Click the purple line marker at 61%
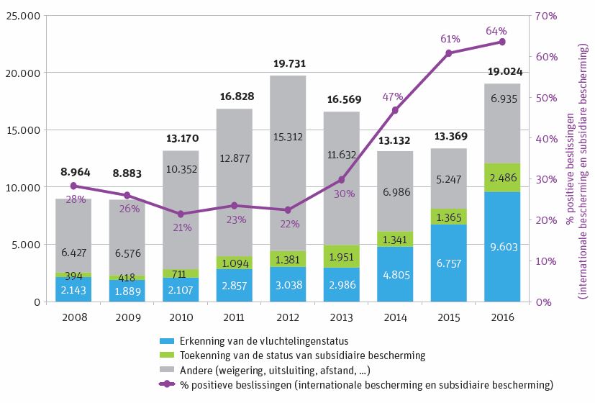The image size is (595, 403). [448, 53]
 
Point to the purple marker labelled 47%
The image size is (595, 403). [395, 110]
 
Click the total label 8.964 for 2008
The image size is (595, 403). [74, 173]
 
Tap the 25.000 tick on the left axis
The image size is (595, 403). [23, 16]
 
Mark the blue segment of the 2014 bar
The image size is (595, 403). [395, 274]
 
